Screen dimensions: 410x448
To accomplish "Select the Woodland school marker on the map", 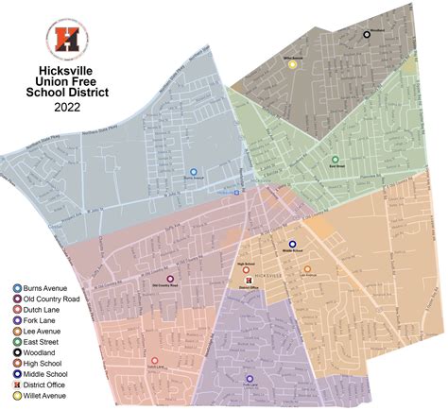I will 367,35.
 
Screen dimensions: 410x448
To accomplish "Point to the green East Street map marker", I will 335,160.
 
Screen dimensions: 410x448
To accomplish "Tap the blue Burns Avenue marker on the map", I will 194,172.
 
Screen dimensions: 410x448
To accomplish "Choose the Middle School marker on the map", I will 292,244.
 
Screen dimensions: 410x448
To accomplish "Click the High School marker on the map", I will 246,270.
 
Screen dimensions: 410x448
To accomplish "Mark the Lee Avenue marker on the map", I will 307,269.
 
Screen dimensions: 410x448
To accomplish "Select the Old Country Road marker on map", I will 170,279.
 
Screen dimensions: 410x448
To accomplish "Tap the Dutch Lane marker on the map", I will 153,360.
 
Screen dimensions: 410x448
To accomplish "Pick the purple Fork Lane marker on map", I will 250,379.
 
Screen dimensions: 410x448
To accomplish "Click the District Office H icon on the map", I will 248,282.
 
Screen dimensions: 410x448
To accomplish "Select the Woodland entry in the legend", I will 45,349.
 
